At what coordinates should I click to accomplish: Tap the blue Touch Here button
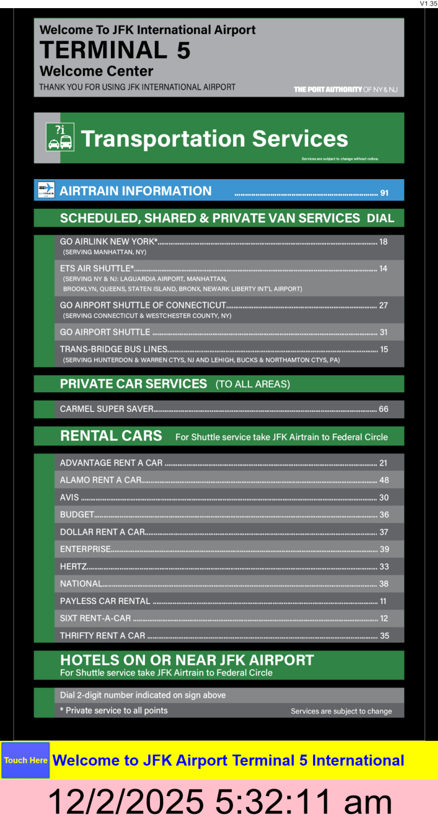tap(25, 760)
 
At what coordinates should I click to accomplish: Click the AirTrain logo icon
tap(47, 190)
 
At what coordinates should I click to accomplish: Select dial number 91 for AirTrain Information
tap(384, 193)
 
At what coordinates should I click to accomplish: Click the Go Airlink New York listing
tap(109, 242)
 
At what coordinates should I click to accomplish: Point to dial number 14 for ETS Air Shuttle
tap(383, 268)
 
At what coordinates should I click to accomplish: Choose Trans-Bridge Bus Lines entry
tap(114, 350)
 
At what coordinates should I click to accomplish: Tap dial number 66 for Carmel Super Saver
tap(383, 409)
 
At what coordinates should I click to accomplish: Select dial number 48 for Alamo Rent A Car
tap(384, 480)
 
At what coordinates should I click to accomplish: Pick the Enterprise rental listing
tap(85, 549)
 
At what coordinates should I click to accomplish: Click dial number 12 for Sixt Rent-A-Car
tap(384, 619)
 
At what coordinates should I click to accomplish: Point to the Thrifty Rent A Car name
tap(103, 636)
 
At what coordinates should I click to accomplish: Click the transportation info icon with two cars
tap(59, 137)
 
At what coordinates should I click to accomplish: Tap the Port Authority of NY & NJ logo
tap(346, 89)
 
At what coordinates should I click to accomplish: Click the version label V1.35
tap(428, 4)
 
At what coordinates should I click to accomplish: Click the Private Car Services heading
tap(134, 384)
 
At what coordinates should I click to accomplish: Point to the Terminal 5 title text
tap(115, 50)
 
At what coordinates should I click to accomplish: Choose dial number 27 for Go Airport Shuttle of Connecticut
tap(383, 305)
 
